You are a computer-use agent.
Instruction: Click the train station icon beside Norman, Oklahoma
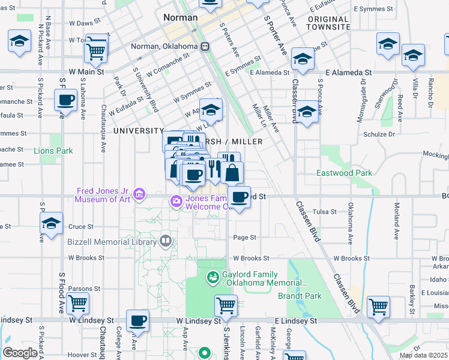coord(205,46)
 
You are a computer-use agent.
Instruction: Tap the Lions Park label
coord(53,151)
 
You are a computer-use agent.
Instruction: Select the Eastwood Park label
coord(344,173)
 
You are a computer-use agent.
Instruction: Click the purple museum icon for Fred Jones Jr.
coord(139,193)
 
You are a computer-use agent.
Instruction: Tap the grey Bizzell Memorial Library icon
coord(166,241)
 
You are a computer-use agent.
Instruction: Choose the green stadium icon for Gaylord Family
coord(212,277)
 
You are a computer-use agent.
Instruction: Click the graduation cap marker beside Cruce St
coord(52,224)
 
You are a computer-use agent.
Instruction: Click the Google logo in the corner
coord(20,353)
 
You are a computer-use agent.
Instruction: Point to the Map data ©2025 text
coord(423,356)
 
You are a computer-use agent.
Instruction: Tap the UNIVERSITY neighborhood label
coord(139,131)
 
